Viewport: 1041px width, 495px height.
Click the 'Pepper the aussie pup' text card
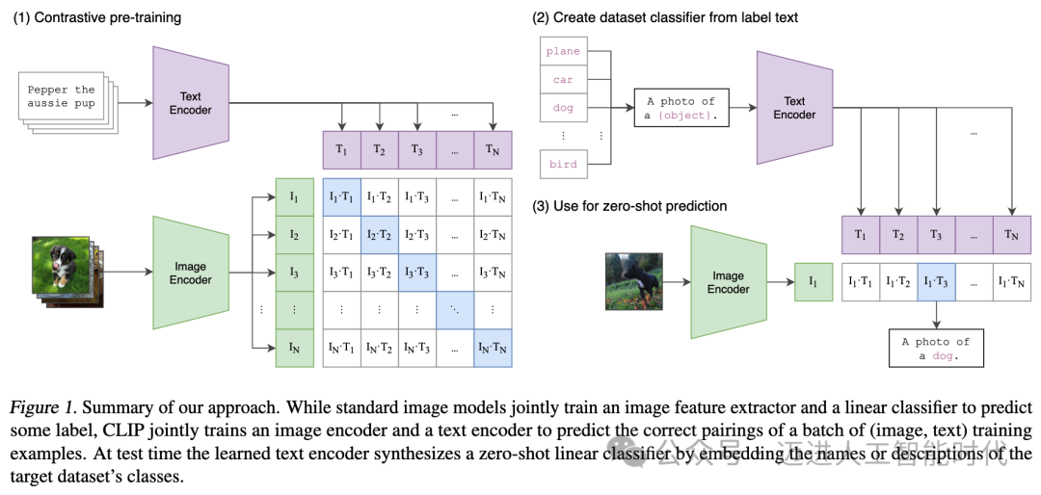point(63,96)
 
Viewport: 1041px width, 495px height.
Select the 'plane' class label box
point(563,51)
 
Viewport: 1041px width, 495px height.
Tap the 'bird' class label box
point(563,164)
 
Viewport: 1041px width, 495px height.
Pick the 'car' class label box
point(563,80)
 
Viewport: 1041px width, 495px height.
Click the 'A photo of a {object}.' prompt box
point(681,107)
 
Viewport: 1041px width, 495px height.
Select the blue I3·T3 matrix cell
point(417,273)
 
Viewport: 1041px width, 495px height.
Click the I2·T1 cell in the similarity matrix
point(341,235)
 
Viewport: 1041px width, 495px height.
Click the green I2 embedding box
point(295,235)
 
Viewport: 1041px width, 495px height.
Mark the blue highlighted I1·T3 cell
point(936,281)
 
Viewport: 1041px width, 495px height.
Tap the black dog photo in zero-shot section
point(634,281)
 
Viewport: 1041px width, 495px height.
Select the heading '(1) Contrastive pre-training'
point(97,18)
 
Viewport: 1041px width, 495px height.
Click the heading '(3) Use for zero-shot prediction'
point(629,206)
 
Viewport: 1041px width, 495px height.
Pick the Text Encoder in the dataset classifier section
point(794,108)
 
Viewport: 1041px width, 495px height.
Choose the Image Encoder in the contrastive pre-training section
point(191,273)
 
